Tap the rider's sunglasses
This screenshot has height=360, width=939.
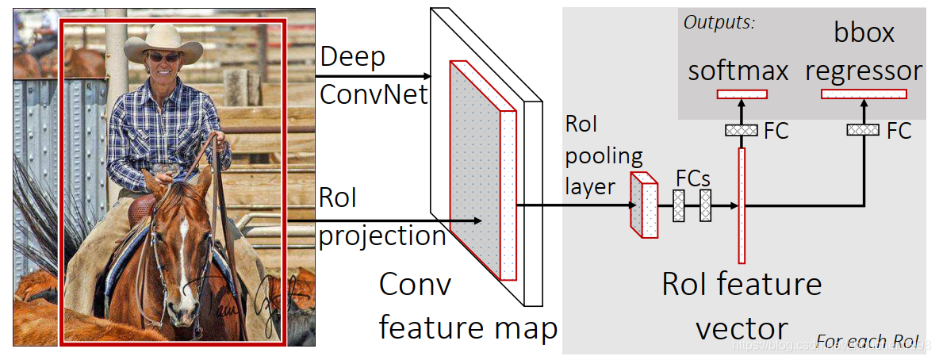coord(164,57)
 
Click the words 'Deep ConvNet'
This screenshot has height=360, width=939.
coord(373,76)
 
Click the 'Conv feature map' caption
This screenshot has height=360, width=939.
coord(468,305)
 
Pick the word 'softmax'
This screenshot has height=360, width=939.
coord(738,71)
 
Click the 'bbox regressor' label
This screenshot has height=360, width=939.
coord(864,52)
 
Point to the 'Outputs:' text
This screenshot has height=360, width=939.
coord(719,21)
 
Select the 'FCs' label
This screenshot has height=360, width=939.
coord(693,178)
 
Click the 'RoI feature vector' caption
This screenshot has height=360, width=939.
coord(742,305)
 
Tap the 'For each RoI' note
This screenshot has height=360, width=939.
coord(867,342)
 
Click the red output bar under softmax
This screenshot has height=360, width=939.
coord(742,94)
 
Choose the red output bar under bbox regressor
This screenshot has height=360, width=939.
coord(864,94)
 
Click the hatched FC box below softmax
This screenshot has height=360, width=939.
coord(742,130)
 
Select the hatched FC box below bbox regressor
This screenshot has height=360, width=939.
coord(864,130)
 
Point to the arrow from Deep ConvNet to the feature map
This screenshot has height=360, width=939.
coord(373,77)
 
